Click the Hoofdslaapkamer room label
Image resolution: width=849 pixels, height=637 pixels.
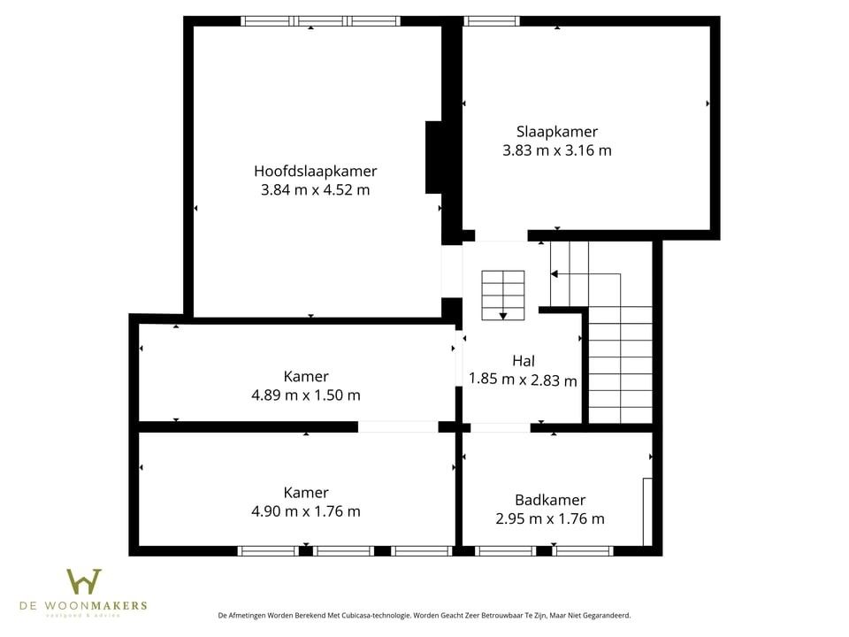[315, 171]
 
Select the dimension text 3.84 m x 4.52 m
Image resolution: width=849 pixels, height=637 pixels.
[315, 189]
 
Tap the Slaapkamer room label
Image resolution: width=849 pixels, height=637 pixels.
[557, 132]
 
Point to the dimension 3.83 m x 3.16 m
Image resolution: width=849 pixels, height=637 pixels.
[557, 150]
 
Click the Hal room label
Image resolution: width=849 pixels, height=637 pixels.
[524, 361]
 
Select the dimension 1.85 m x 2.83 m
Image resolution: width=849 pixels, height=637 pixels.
[523, 380]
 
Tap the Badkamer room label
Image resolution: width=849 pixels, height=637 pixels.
[550, 500]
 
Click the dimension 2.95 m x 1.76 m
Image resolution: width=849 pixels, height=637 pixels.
[550, 519]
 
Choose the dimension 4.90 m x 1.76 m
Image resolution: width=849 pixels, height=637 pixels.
[306, 511]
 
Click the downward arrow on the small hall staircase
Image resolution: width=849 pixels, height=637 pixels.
[503, 314]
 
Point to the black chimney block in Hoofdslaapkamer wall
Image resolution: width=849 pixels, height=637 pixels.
[434, 157]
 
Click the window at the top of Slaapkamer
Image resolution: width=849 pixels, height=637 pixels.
[492, 21]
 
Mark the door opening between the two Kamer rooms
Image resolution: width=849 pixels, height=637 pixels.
[397, 426]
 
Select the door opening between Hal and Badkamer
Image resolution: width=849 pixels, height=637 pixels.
[500, 427]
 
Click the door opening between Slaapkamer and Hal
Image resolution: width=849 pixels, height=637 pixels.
[501, 236]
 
